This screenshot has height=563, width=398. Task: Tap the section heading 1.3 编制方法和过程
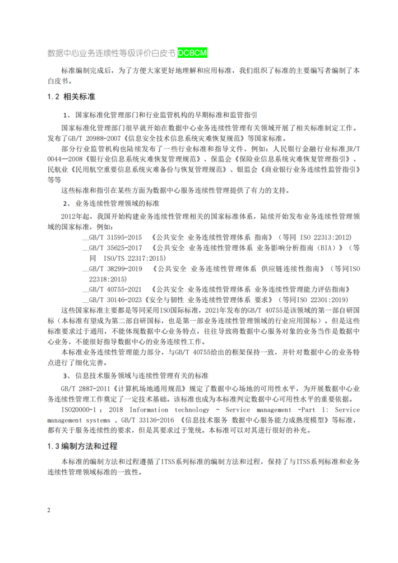[x=82, y=446]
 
